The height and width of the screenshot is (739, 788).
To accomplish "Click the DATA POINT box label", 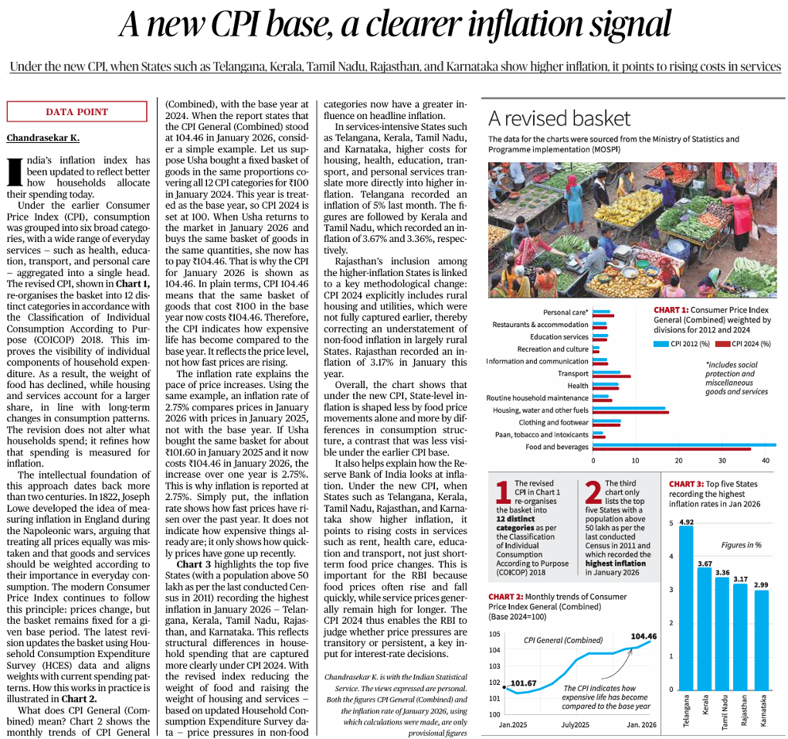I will coord(77,112).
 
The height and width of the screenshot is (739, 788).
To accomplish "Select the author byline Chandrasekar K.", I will coord(42,138).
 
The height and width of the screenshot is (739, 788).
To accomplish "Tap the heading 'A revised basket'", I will coord(559,118).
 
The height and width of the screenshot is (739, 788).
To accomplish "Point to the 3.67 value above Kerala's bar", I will coord(705,563).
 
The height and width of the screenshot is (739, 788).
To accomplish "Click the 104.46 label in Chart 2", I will coord(643,636).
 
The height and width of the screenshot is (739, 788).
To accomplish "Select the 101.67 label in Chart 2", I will coord(523,683).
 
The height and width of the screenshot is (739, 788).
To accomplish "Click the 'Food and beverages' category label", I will coord(556,447).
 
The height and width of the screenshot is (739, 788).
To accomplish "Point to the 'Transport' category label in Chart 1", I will coord(573,373).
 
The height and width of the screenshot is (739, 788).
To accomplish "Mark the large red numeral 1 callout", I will coord(503,492).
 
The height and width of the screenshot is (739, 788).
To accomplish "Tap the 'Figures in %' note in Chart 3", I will coord(740,545).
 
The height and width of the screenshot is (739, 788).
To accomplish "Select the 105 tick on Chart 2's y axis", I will coord(494,634).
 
